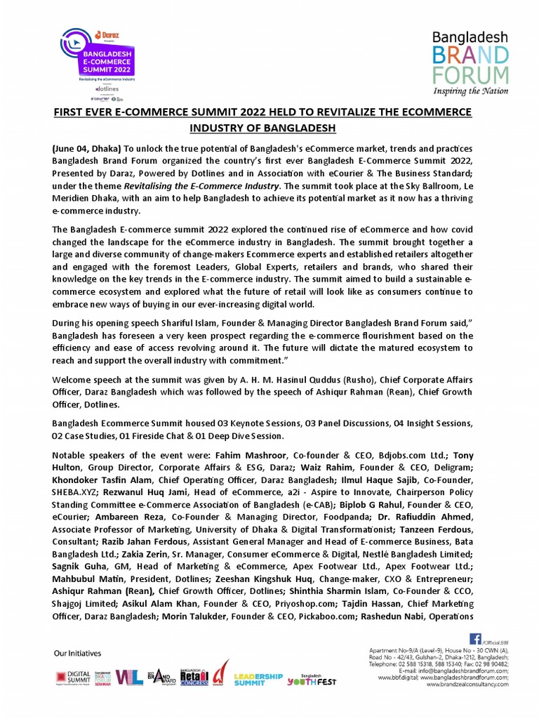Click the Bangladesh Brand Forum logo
click(x=470, y=62)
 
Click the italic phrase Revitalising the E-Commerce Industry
click(x=204, y=186)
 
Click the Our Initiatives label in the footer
click(x=78, y=653)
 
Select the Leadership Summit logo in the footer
click(x=258, y=679)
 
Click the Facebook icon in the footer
click(x=474, y=639)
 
